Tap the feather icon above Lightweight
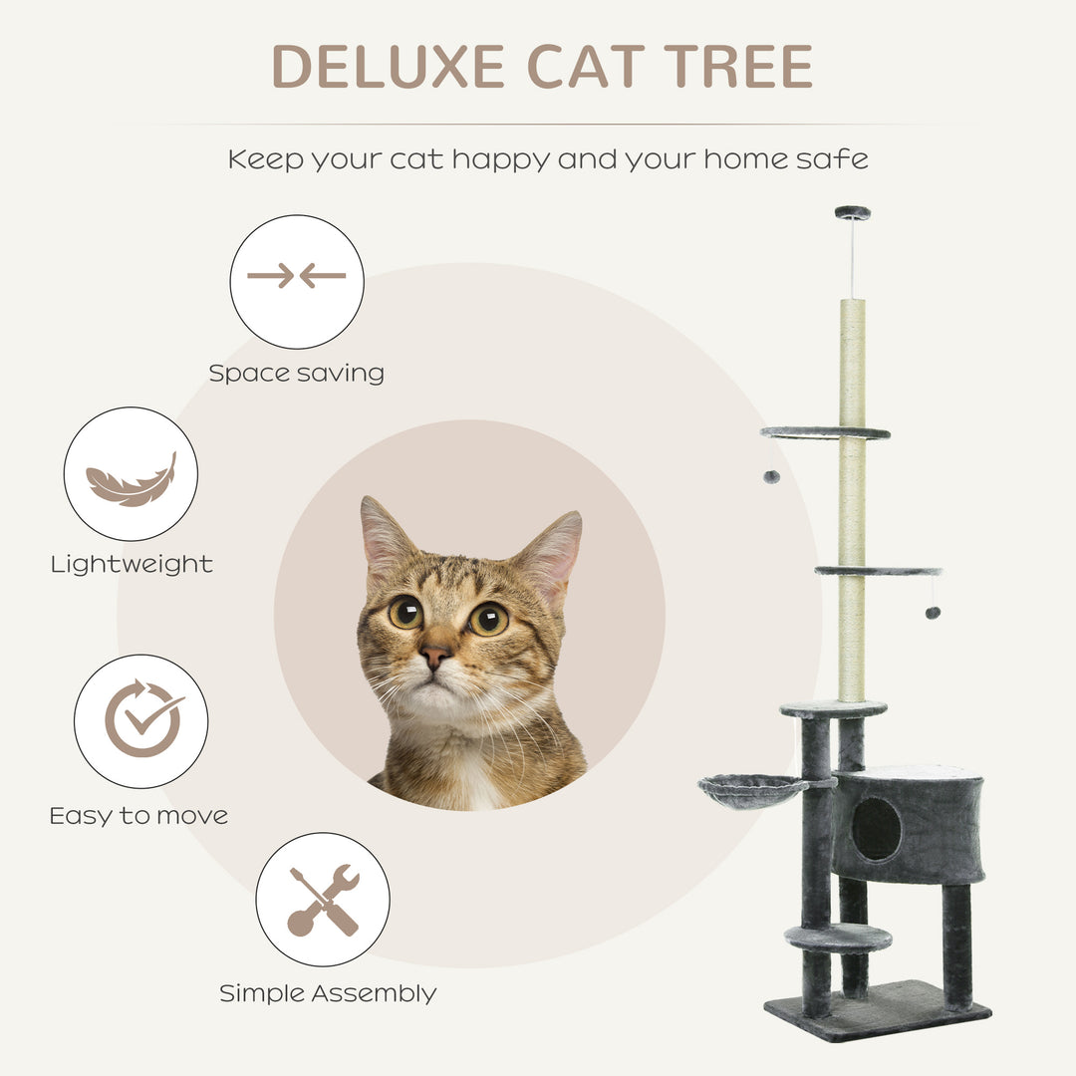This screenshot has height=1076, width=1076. pyautogui.click(x=131, y=480)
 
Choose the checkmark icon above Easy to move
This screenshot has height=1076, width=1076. pyautogui.click(x=141, y=719)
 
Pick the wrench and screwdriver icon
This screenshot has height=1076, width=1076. pyautogui.click(x=323, y=900)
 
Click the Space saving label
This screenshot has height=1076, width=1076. pyautogui.click(x=296, y=374)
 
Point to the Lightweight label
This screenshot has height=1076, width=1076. pyautogui.click(x=132, y=565)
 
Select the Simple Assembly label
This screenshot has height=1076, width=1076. pyautogui.click(x=328, y=993)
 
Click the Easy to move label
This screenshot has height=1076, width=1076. pyautogui.click(x=138, y=816)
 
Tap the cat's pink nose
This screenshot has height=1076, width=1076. pyautogui.click(x=433, y=655)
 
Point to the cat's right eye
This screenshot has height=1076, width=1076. pyautogui.click(x=488, y=619)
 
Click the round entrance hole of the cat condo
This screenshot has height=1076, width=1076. pyautogui.click(x=877, y=829)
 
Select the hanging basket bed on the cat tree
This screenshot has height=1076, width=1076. pyautogui.click(x=752, y=791)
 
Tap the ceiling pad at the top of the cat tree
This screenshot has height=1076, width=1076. pyautogui.click(x=852, y=212)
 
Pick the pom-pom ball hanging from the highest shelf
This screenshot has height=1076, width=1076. pyautogui.click(x=771, y=477)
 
